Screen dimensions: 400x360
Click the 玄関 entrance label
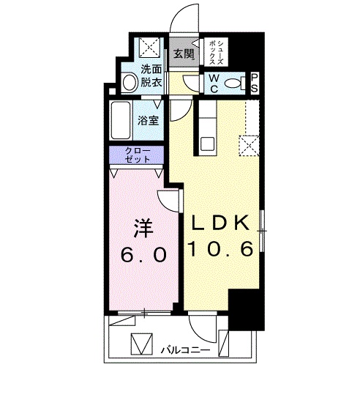(x=184, y=53)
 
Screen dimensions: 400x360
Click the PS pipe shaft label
(x=254, y=82)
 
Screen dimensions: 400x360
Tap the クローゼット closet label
(x=138, y=155)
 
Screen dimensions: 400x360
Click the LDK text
(x=221, y=221)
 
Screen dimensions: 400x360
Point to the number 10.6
(x=221, y=250)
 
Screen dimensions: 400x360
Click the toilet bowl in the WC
(x=236, y=84)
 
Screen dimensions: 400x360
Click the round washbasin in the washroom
(x=130, y=81)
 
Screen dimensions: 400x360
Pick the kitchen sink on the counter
(x=206, y=142)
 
